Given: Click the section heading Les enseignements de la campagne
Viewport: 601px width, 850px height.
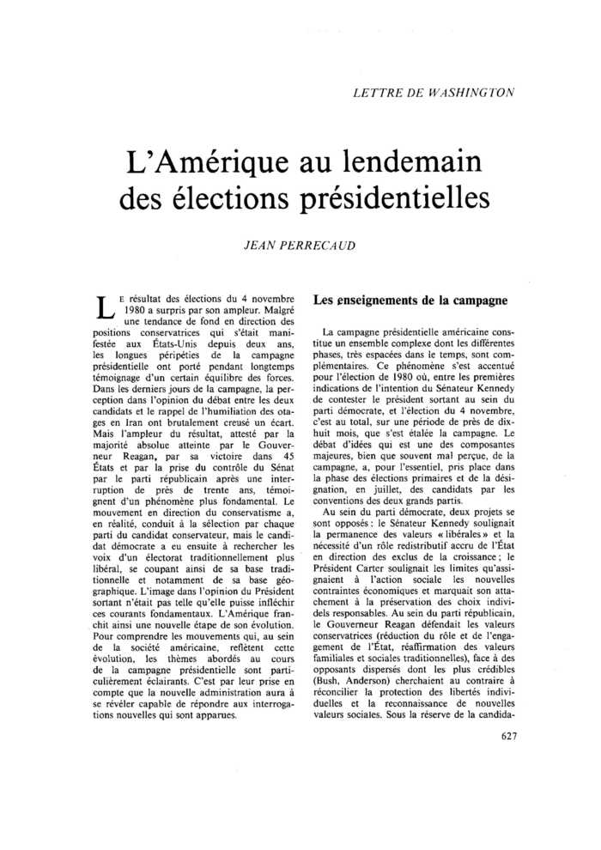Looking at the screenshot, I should pyautogui.click(x=410, y=301).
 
